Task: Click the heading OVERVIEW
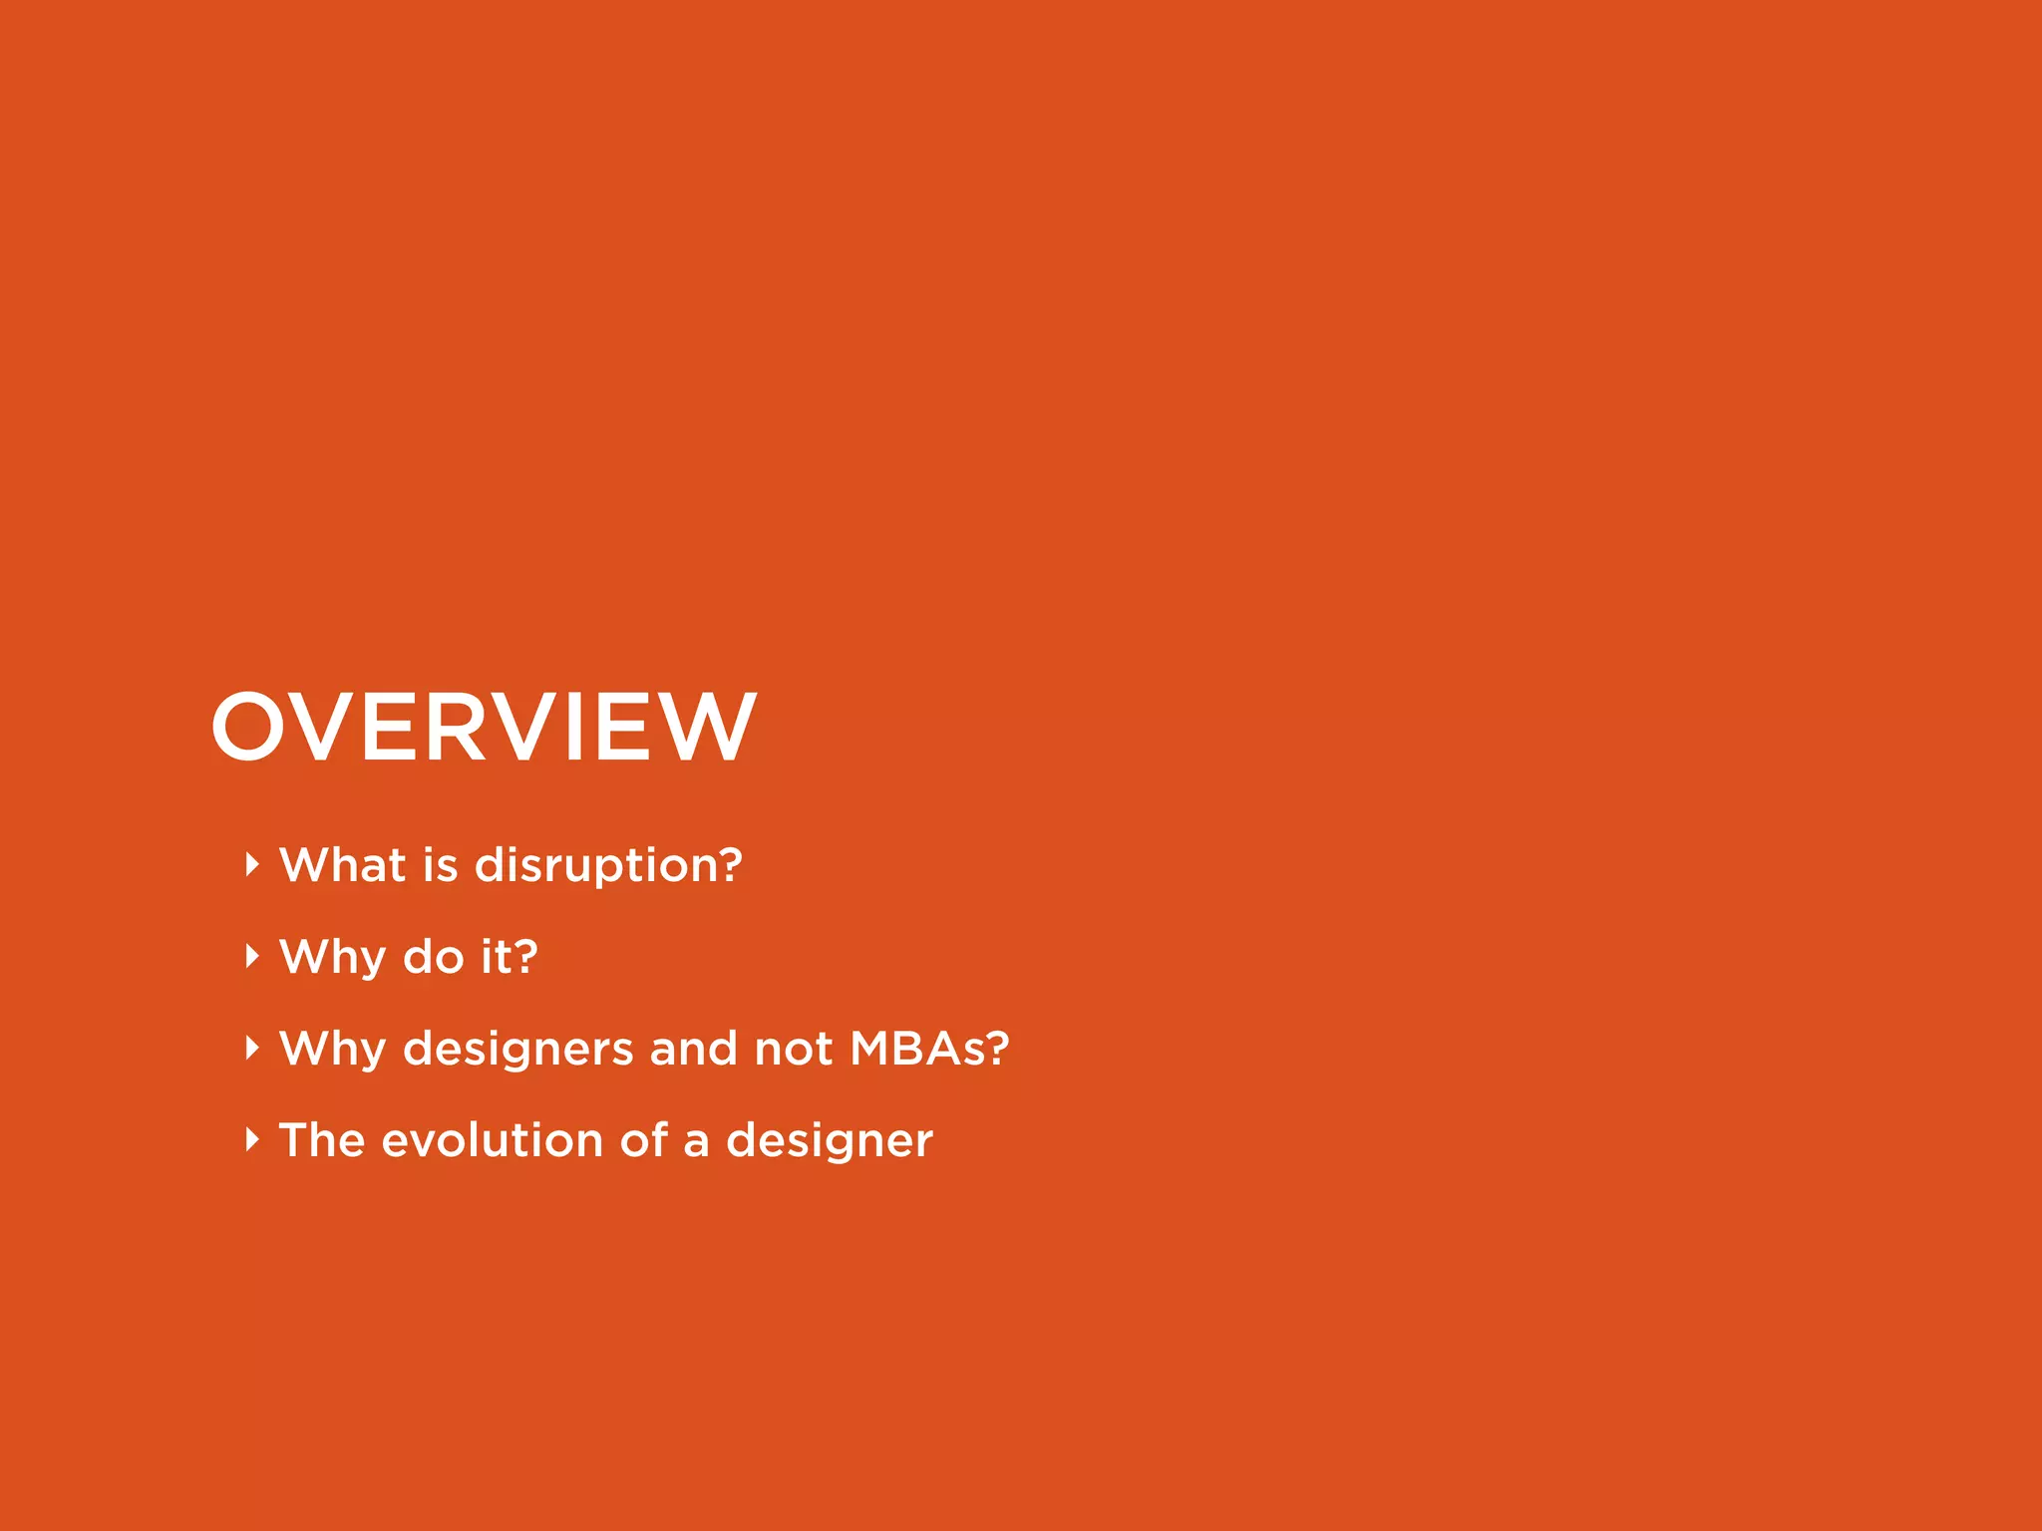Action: (484, 728)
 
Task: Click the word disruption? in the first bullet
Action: (608, 865)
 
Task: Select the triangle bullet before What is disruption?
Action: (252, 864)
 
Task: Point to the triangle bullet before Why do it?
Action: (252, 956)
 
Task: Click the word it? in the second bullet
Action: (509, 957)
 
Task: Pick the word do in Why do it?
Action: (433, 957)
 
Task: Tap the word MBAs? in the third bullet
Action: (929, 1049)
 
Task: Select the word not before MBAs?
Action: (793, 1049)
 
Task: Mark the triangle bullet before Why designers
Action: (252, 1048)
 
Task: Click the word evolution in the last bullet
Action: (492, 1140)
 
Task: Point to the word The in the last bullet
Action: (322, 1140)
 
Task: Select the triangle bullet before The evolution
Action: (252, 1139)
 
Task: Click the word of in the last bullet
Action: (643, 1140)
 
